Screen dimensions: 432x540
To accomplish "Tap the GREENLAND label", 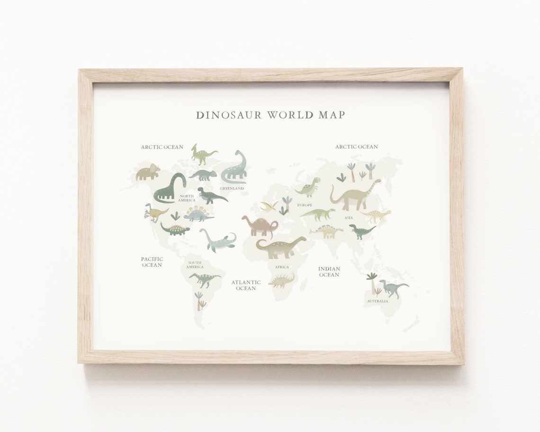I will click(232, 189).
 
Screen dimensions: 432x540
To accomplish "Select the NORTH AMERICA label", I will click(187, 198).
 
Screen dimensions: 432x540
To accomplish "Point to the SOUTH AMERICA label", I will click(195, 265).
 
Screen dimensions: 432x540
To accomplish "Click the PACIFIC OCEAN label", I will click(152, 262).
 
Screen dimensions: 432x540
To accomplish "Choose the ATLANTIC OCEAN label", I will click(246, 285).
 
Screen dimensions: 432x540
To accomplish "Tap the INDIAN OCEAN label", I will click(329, 272).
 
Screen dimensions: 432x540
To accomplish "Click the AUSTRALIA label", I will click(377, 301).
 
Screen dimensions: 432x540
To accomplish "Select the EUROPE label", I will click(305, 205).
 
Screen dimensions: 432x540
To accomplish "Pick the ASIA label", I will click(349, 218).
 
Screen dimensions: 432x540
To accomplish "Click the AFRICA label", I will click(282, 267).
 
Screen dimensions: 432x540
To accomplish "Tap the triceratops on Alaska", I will click(147, 172).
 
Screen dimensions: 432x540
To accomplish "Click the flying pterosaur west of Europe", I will click(269, 206).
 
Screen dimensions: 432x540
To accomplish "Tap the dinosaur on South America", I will click(204, 279).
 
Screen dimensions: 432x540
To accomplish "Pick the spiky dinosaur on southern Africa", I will click(281, 281).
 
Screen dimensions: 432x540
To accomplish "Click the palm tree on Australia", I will click(372, 282).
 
